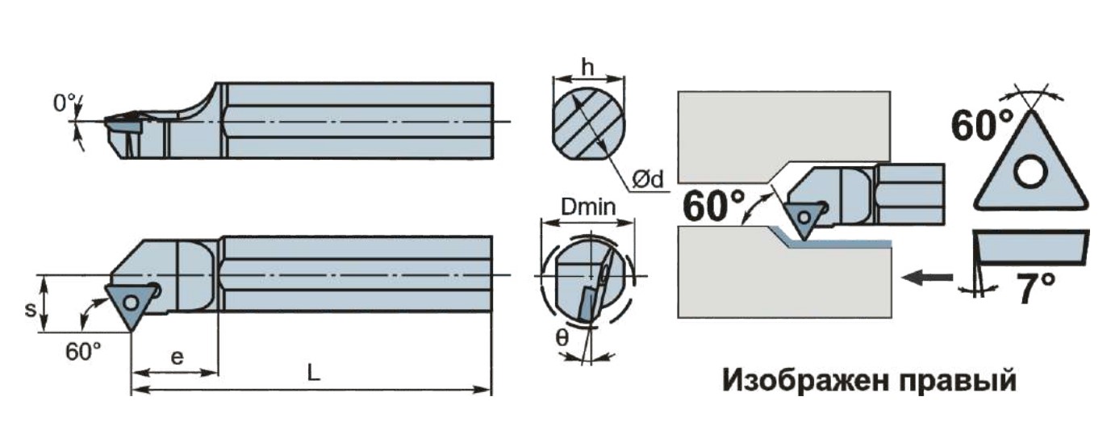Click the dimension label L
313,372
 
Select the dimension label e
177,357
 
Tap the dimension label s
30,309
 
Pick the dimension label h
587,67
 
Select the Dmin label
588,207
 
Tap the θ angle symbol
562,338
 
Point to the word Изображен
804,381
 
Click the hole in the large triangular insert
1030,172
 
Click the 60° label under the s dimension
83,352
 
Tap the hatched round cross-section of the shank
588,128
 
